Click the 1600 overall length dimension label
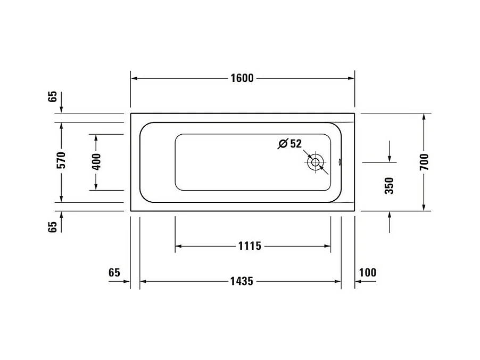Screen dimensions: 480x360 (242, 78)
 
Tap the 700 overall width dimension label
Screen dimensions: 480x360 (424, 162)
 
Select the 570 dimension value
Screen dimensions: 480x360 (62, 160)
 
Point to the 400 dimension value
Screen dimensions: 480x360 (96, 162)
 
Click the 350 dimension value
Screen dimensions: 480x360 (389, 185)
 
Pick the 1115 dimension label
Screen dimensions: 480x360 (250, 246)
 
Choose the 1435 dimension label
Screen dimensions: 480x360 (242, 281)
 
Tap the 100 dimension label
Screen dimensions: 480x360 (367, 272)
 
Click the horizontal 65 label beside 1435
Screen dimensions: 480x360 (114, 272)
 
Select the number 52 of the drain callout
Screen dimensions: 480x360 (296, 143)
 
